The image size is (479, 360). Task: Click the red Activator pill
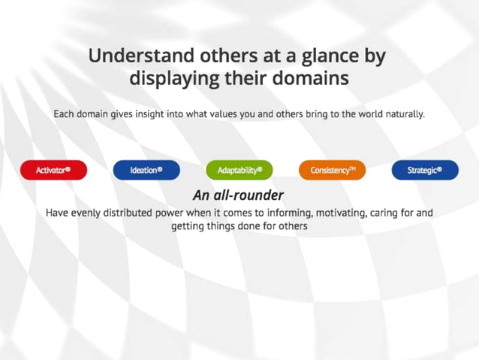point(53,171)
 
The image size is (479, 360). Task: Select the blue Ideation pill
point(146,171)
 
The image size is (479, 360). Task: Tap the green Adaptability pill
point(239,171)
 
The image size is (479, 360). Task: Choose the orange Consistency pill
point(333,171)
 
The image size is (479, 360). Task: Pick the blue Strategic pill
point(425,171)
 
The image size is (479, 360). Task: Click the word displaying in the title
point(173,78)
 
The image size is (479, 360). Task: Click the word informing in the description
point(266,213)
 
